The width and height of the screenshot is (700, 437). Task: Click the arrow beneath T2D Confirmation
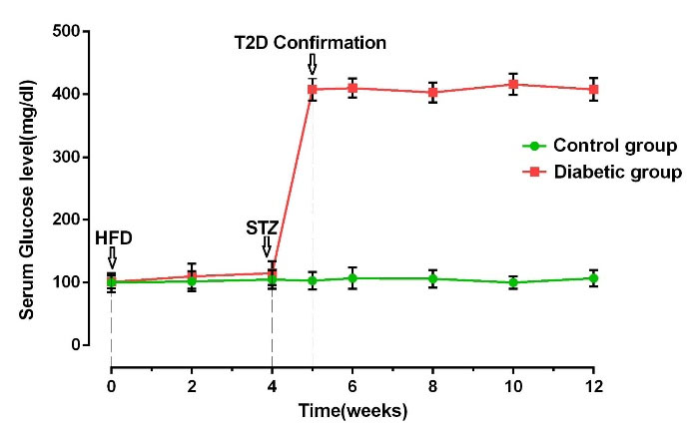[313, 65]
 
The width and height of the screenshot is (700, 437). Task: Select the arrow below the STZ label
[266, 246]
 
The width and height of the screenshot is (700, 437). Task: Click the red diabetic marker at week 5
[313, 89]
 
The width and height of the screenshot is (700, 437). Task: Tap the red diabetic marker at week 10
[513, 84]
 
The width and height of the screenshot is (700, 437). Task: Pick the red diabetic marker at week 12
[593, 89]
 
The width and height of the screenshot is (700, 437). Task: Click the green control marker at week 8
[432, 278]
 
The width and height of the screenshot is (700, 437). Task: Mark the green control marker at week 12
[593, 278]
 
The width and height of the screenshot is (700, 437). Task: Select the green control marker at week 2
[192, 280]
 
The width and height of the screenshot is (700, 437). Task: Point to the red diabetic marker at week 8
[432, 92]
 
